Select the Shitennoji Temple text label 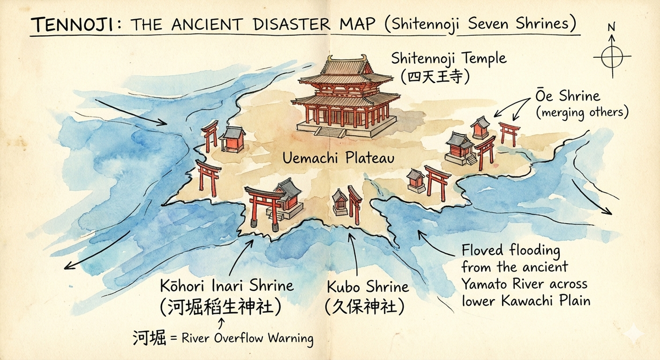[x=448, y=58]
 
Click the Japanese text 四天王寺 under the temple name [x=435, y=76]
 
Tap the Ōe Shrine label [x=567, y=96]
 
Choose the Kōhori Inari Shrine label [x=227, y=286]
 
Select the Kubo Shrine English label [x=367, y=286]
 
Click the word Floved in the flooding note [x=481, y=251]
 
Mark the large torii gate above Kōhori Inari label [x=262, y=206]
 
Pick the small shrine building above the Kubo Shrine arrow [x=340, y=202]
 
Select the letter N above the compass [x=611, y=26]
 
